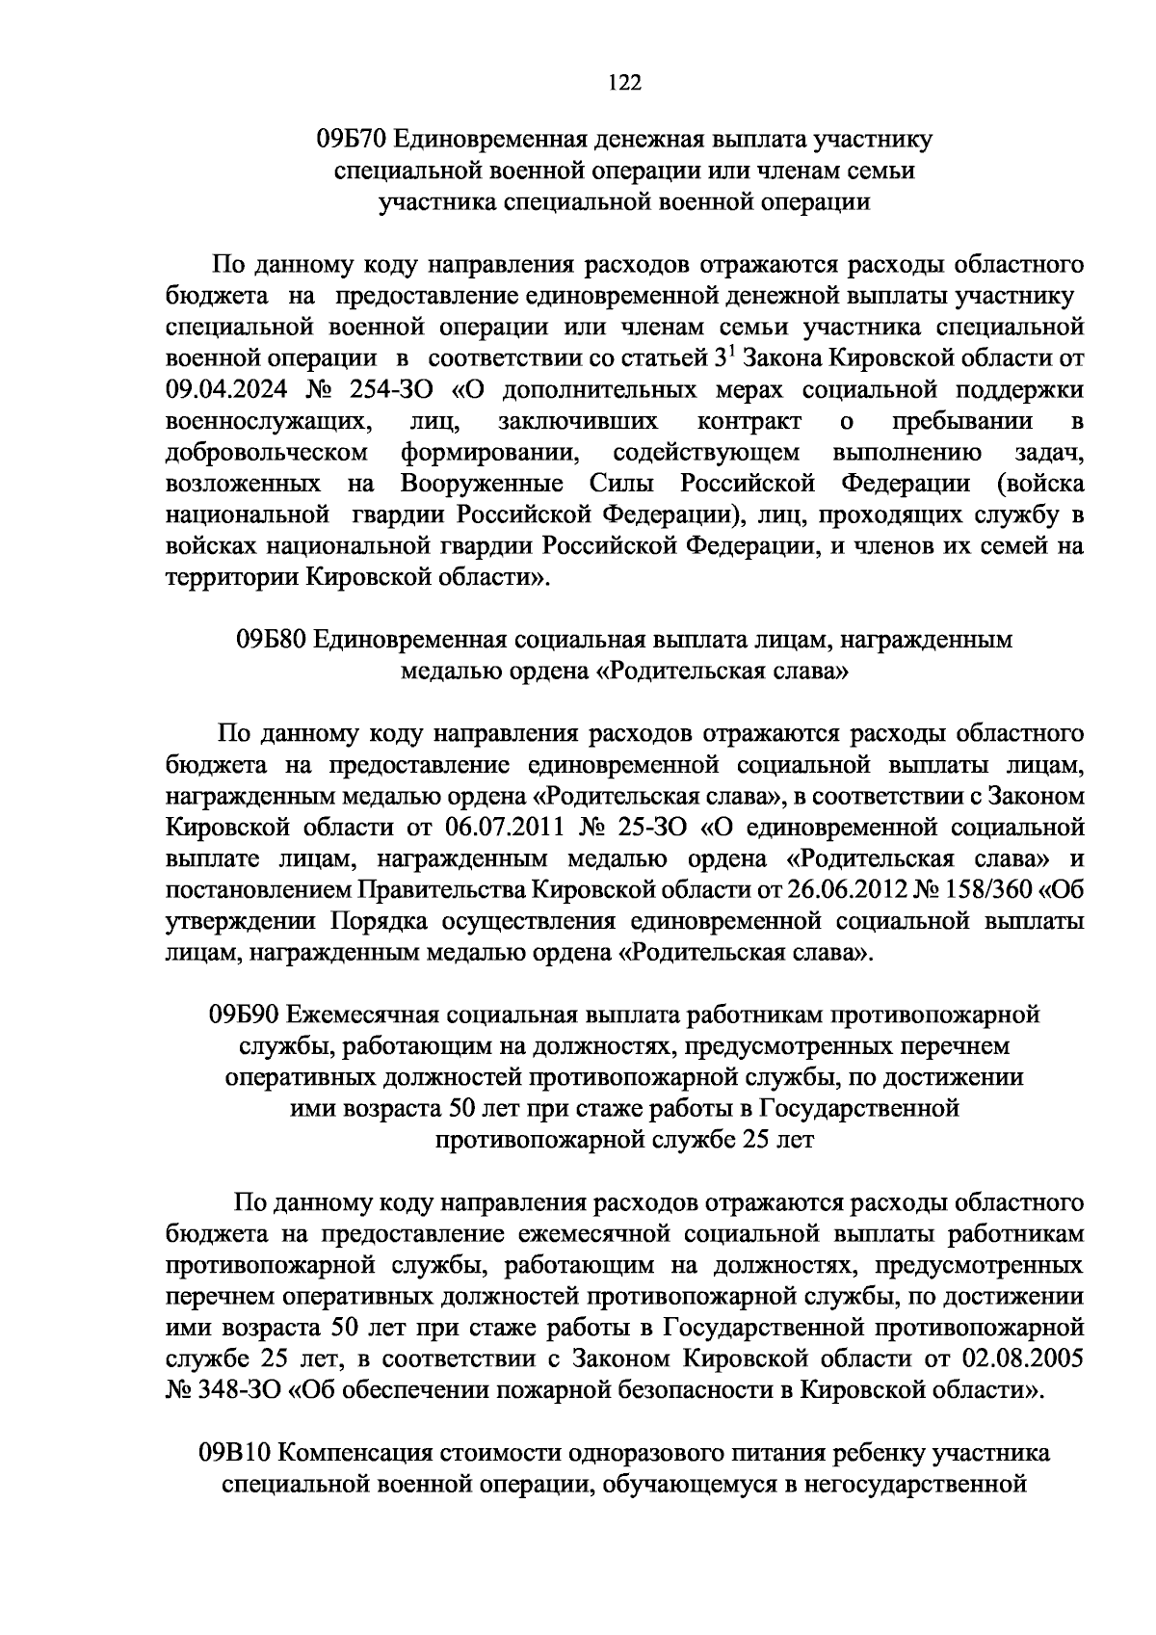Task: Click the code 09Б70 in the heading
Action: (352, 140)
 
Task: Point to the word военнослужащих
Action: (269, 422)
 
